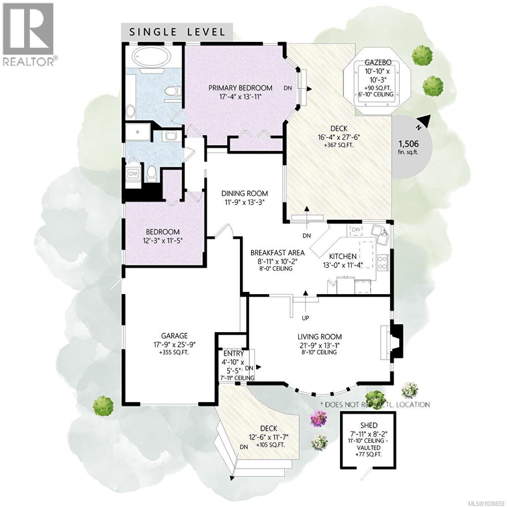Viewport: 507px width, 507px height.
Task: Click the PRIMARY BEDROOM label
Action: [x=240, y=88]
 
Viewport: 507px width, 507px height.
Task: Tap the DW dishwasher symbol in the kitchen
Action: [x=356, y=229]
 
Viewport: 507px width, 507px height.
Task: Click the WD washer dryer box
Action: [x=133, y=174]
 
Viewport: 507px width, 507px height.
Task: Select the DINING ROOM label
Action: [x=245, y=194]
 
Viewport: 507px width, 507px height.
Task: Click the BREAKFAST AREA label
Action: [x=277, y=253]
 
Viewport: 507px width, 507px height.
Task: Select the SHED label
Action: [x=369, y=425]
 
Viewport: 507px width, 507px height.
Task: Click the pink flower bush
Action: [x=319, y=419]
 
